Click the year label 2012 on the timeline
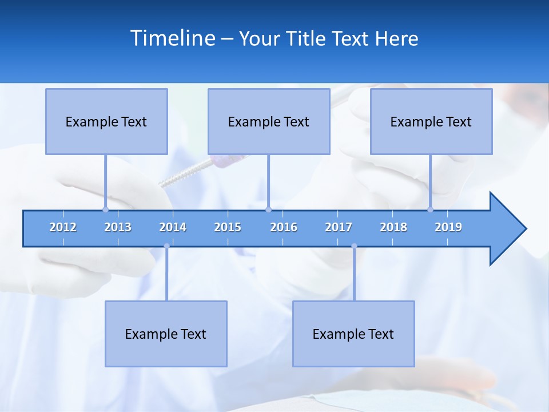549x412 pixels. pos(63,227)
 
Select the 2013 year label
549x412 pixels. pos(118,227)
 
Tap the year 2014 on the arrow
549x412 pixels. pos(173,227)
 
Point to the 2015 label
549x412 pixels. pos(228,227)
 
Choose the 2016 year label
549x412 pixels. pos(284,227)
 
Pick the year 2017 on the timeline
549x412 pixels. pos(339,227)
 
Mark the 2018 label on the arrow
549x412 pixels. pos(393,227)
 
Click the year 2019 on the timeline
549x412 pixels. pos(448,227)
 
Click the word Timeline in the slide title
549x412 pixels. pos(173,38)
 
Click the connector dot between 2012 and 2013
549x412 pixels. pos(105,209)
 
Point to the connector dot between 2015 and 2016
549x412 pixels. pos(268,209)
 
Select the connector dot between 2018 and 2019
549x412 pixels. pos(431,209)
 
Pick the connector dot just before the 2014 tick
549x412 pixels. pos(166,246)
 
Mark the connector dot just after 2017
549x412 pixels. pos(354,246)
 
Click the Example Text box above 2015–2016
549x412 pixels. pos(269,121)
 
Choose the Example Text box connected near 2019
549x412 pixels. pos(431,121)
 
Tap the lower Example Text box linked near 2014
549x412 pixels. pos(166,334)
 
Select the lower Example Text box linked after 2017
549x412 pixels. pos(353,334)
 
